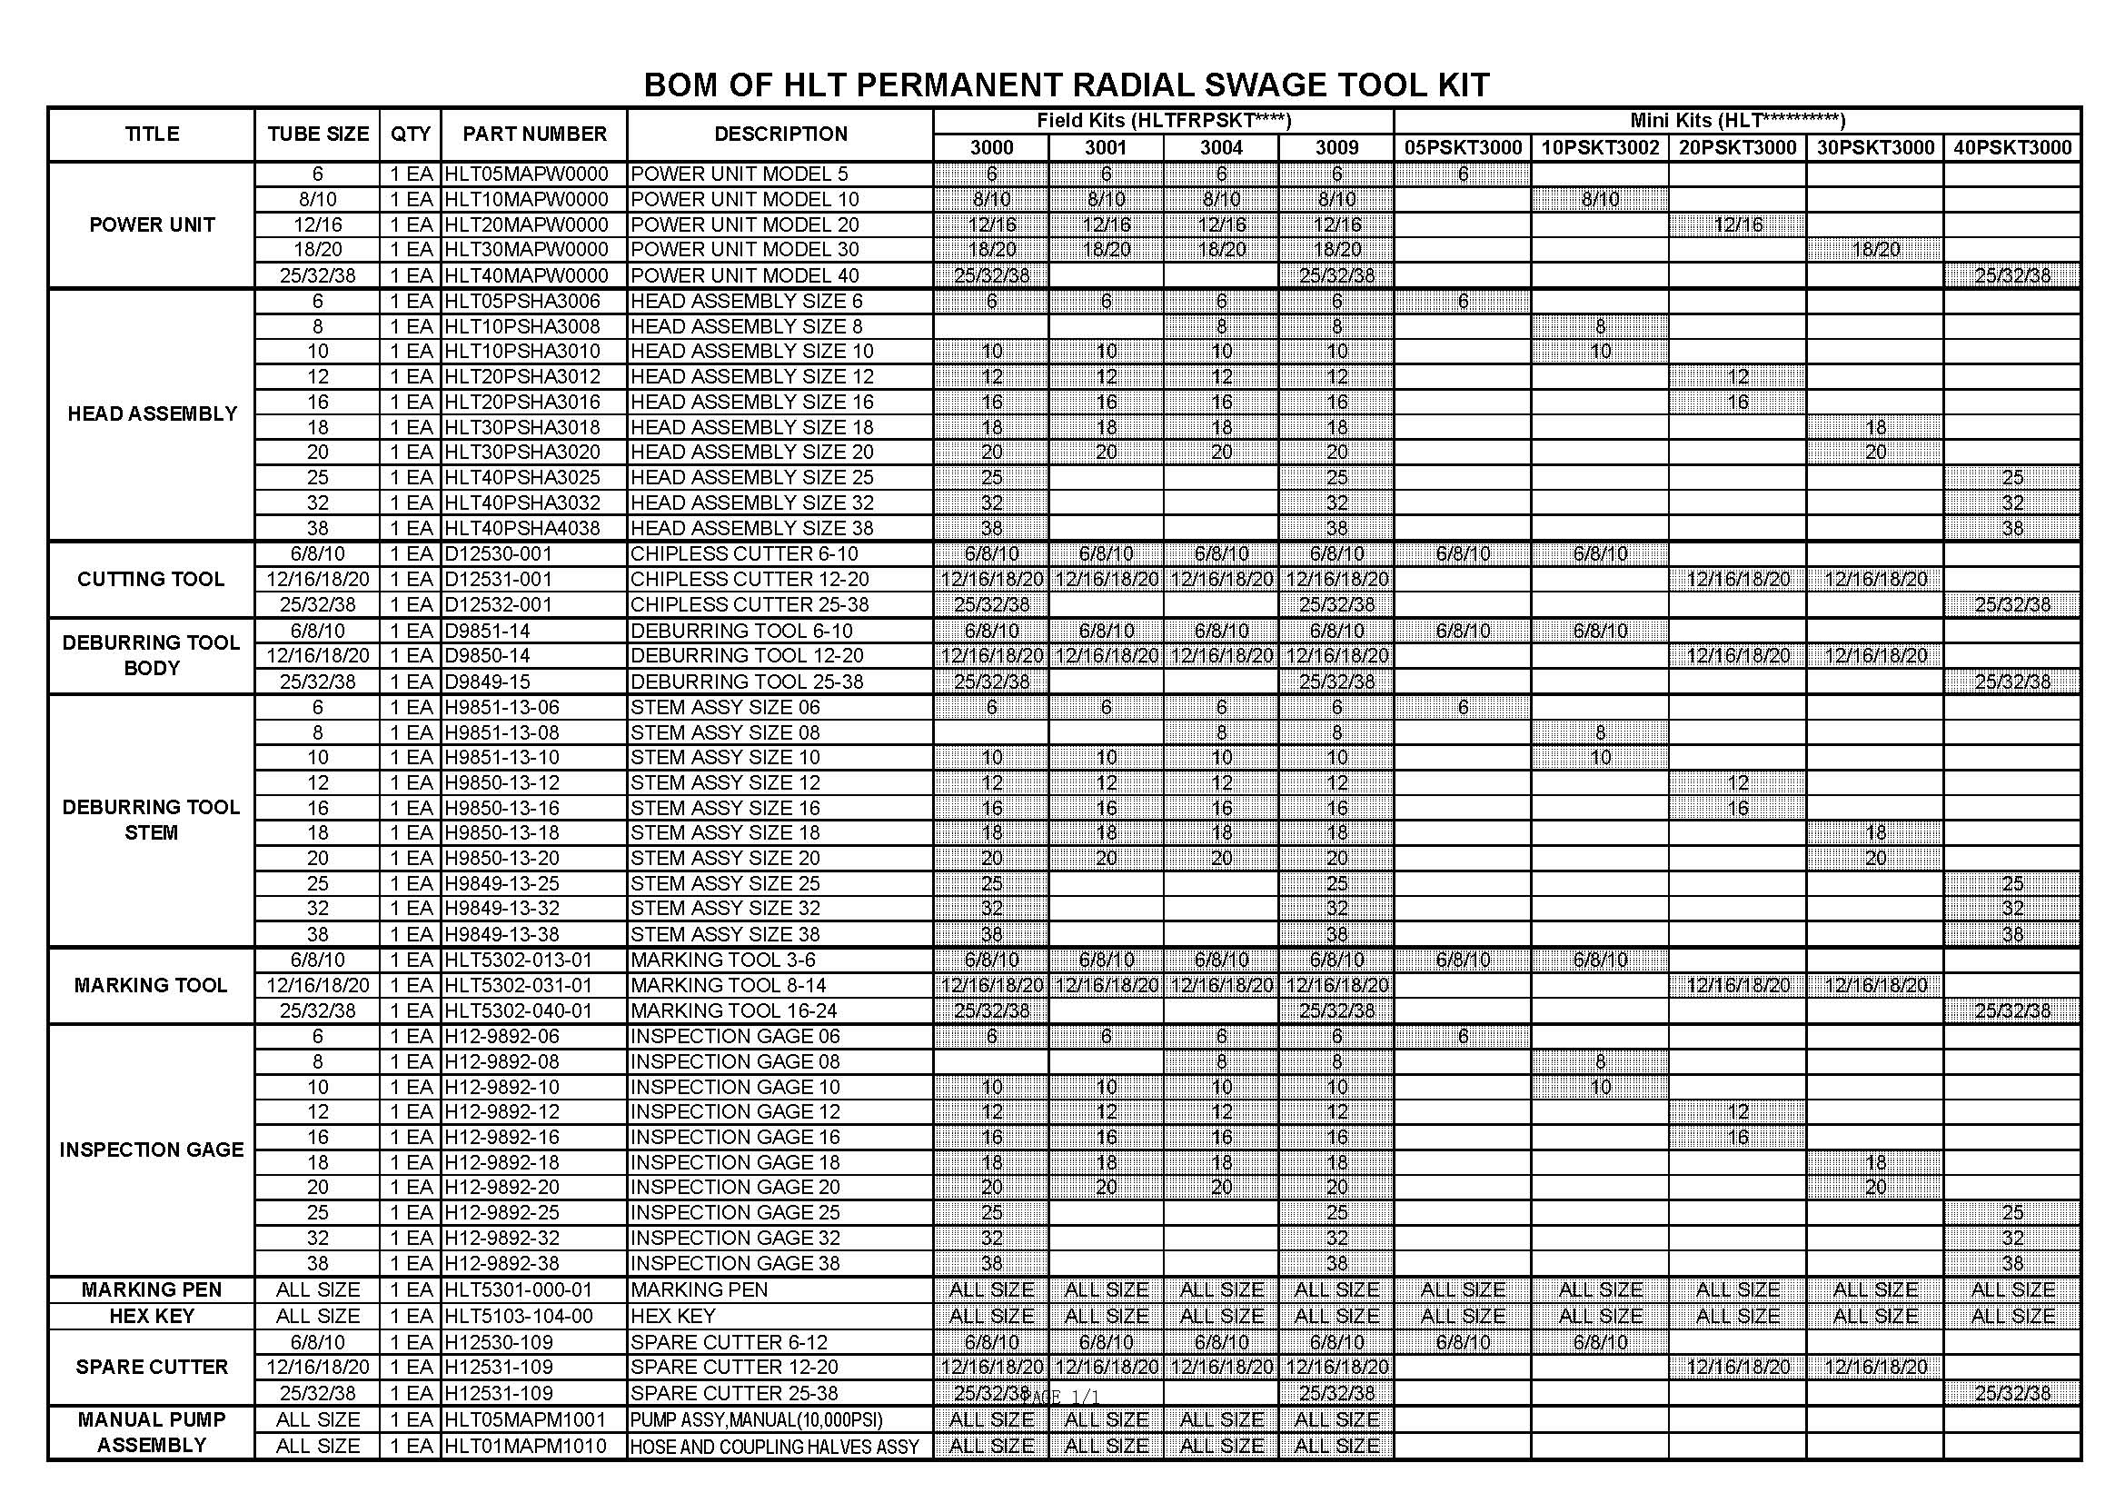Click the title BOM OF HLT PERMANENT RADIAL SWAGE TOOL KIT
point(1066,85)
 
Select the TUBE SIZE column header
point(317,134)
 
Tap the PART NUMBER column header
point(534,134)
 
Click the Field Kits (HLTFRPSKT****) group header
point(1163,120)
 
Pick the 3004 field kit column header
point(1221,148)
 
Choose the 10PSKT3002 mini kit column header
point(1599,148)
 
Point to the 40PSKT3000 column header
point(2012,148)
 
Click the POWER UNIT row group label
point(152,224)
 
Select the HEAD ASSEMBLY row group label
point(152,413)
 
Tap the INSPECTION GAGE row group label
point(152,1150)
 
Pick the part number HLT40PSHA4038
point(522,529)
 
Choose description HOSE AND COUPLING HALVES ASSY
point(774,1447)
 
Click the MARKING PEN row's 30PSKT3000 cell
point(1875,1290)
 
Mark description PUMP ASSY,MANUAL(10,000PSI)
point(756,1419)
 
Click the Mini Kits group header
point(1737,120)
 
